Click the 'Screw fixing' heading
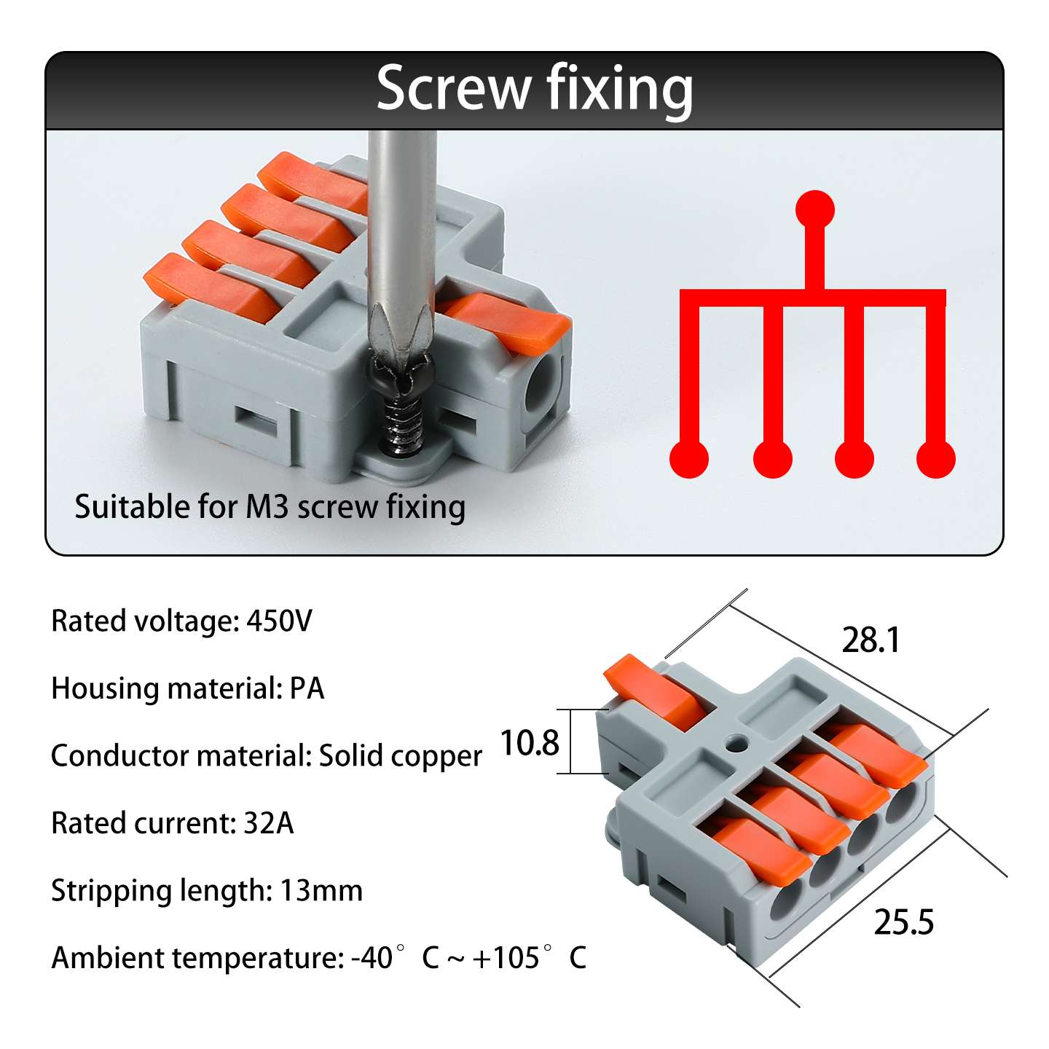pyautogui.click(x=535, y=90)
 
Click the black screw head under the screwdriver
pyautogui.click(x=401, y=376)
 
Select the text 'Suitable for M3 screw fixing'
pyautogui.click(x=270, y=507)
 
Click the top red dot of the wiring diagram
pyautogui.click(x=814, y=210)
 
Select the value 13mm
pyautogui.click(x=321, y=891)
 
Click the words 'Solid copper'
pyautogui.click(x=400, y=755)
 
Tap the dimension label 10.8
pyautogui.click(x=529, y=742)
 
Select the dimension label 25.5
pyautogui.click(x=903, y=922)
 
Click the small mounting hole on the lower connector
pyautogui.click(x=736, y=742)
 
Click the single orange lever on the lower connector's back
pyautogui.click(x=659, y=691)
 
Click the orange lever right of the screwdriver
pyautogui.click(x=506, y=321)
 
